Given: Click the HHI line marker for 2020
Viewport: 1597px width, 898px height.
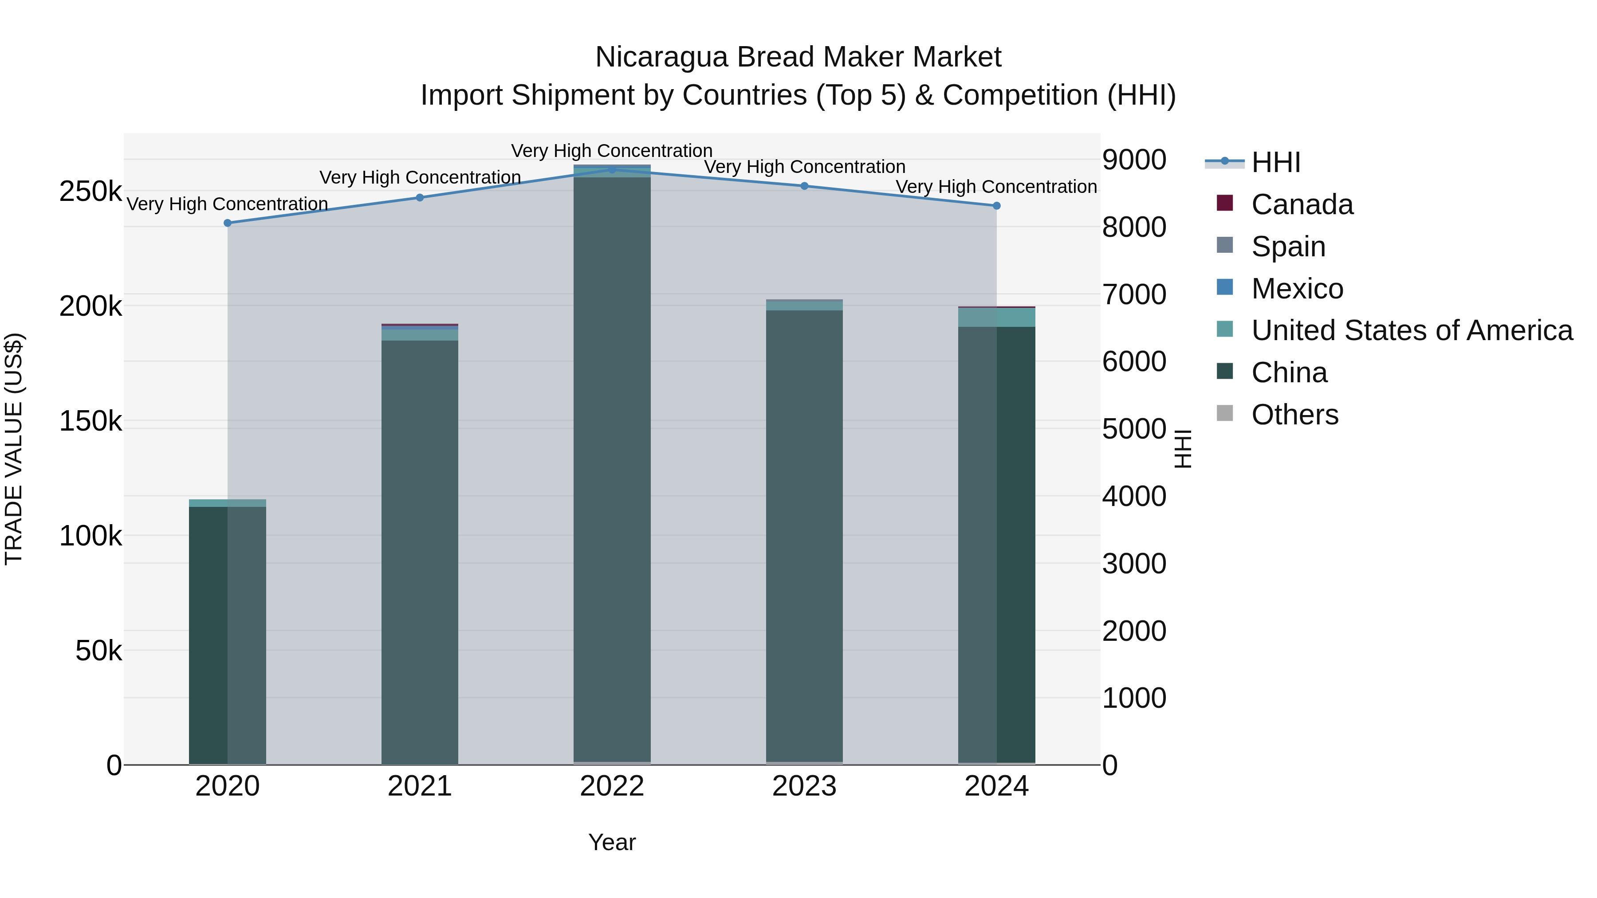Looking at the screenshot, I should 228,223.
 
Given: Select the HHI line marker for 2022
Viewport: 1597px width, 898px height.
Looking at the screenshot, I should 612,169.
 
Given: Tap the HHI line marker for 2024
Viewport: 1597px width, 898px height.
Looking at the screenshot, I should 996,206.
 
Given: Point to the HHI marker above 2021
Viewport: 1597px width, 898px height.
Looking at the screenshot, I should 420,198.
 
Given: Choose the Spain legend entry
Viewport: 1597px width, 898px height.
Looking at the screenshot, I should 1288,247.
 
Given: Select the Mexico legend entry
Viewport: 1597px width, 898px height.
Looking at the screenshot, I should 1297,289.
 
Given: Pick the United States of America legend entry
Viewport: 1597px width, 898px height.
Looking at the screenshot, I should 1412,330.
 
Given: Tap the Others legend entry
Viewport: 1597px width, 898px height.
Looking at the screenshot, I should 1294,415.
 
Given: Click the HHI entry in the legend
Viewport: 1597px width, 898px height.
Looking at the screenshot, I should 1275,162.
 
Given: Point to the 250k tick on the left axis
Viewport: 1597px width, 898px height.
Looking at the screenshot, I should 90,192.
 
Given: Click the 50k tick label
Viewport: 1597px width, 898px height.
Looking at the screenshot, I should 98,651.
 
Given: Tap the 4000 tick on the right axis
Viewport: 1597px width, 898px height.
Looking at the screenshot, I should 1134,496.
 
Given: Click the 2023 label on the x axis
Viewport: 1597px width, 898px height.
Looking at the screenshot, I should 804,786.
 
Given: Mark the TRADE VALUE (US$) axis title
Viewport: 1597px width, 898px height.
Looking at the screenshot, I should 14,449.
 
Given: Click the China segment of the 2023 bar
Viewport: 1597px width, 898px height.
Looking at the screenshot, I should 804,533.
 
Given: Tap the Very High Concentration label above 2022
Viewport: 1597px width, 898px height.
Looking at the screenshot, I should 612,151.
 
